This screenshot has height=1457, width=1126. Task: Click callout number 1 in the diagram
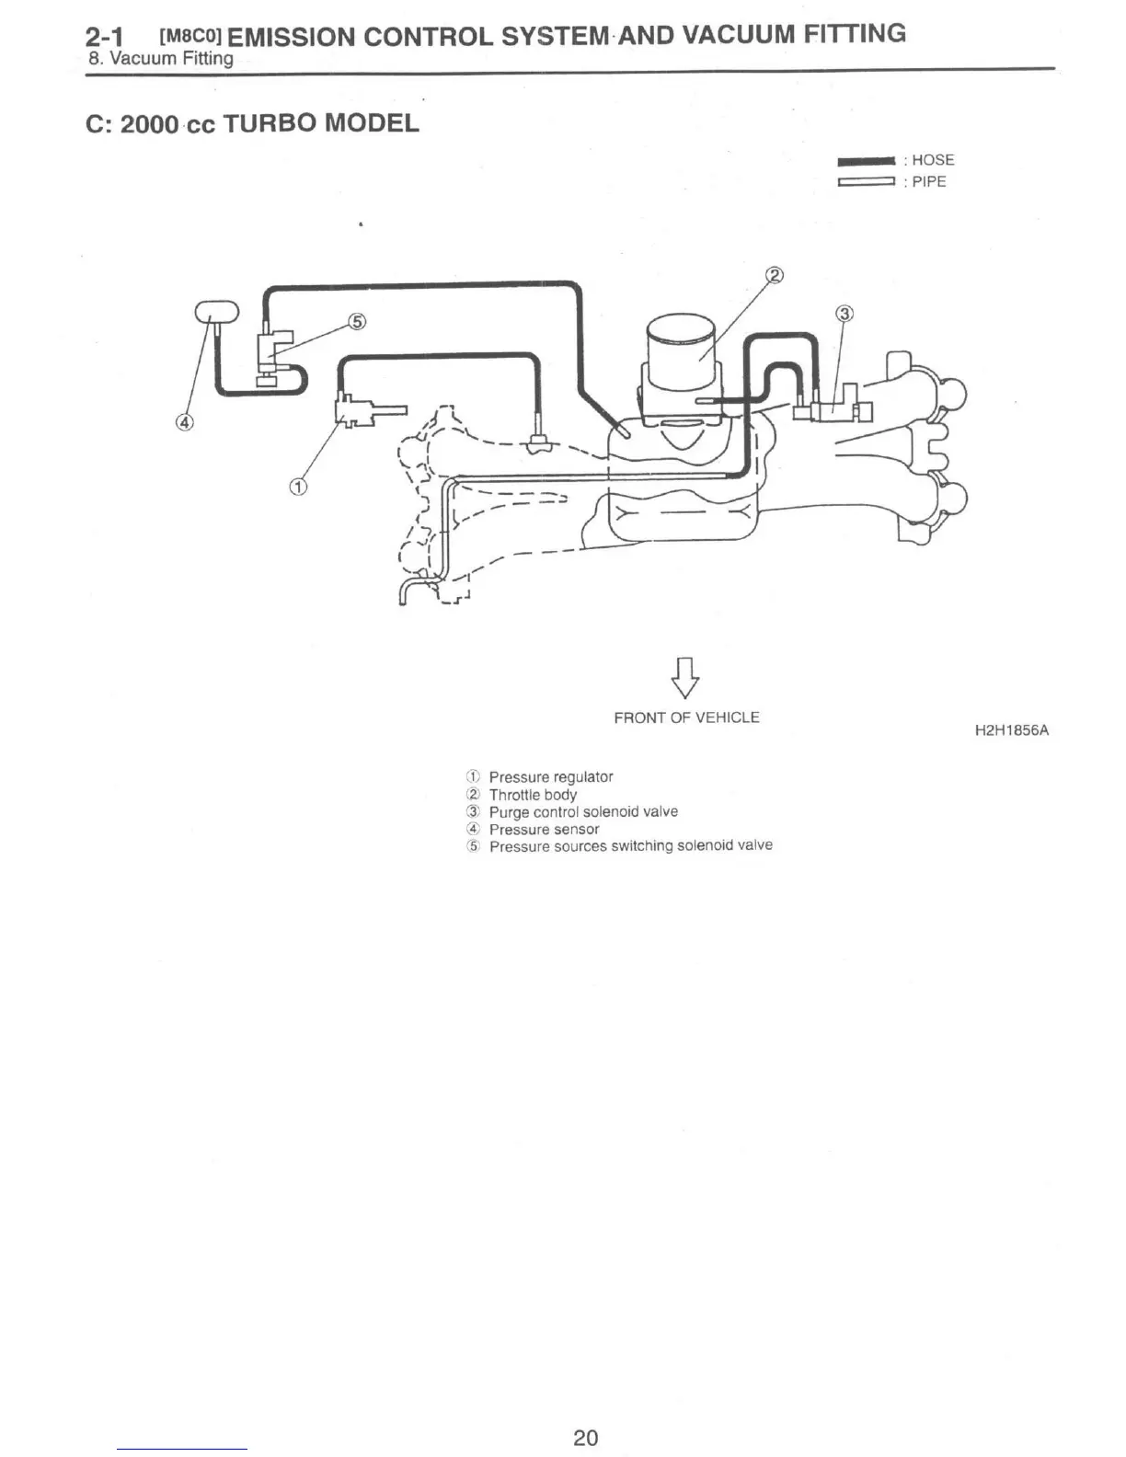tap(298, 487)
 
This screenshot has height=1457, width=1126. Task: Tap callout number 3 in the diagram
tap(844, 314)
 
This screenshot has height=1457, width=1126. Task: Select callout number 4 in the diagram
tap(185, 422)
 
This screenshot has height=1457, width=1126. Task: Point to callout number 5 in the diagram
tap(358, 321)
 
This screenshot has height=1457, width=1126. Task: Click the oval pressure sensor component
tap(215, 312)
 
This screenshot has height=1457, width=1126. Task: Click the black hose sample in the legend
tap(866, 161)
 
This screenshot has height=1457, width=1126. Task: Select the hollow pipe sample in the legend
tap(866, 182)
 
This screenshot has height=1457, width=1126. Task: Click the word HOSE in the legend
tap(933, 160)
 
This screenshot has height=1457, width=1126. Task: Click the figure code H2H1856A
tap(1012, 731)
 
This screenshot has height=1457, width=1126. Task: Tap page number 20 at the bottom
tap(585, 1438)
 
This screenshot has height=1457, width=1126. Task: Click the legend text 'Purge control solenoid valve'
tap(583, 812)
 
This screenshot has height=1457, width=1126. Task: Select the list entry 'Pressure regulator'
tap(550, 777)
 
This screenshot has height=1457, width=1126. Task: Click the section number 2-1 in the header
tap(104, 38)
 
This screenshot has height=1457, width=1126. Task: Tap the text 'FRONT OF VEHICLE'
tap(686, 717)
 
